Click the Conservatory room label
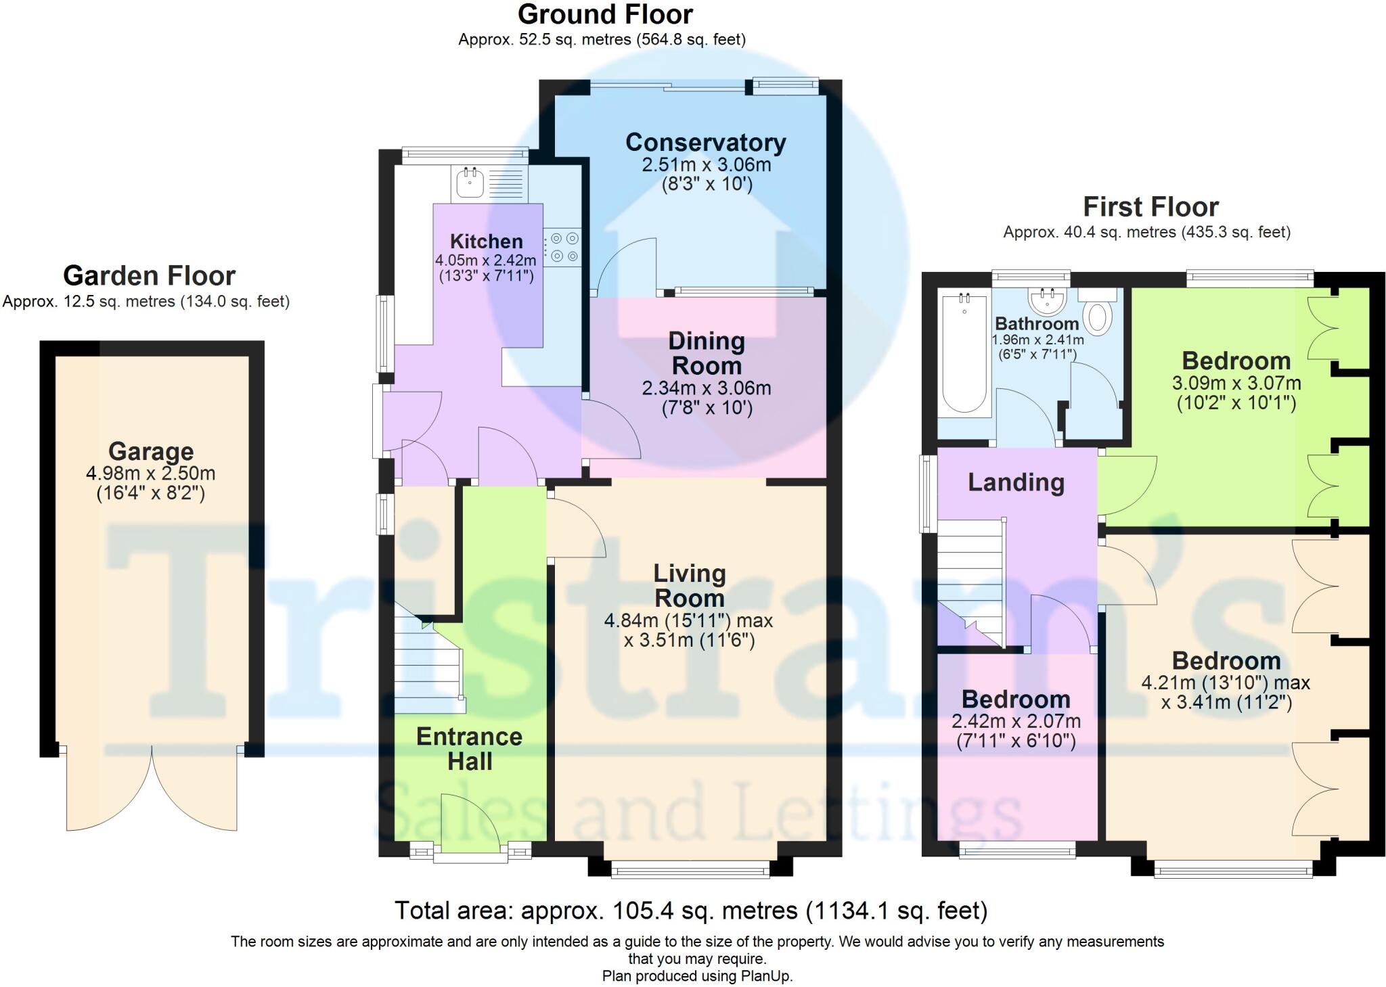(705, 143)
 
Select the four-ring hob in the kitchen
(564, 247)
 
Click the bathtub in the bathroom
(964, 355)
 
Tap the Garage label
(151, 451)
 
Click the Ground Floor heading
(605, 14)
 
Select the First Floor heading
(1150, 206)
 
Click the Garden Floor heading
(149, 276)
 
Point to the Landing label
(1016, 482)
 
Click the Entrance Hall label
(469, 749)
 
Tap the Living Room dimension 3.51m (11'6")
(689, 640)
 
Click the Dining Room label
(707, 353)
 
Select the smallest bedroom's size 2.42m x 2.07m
(1016, 721)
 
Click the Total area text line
(690, 911)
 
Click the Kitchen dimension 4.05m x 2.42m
(485, 260)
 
